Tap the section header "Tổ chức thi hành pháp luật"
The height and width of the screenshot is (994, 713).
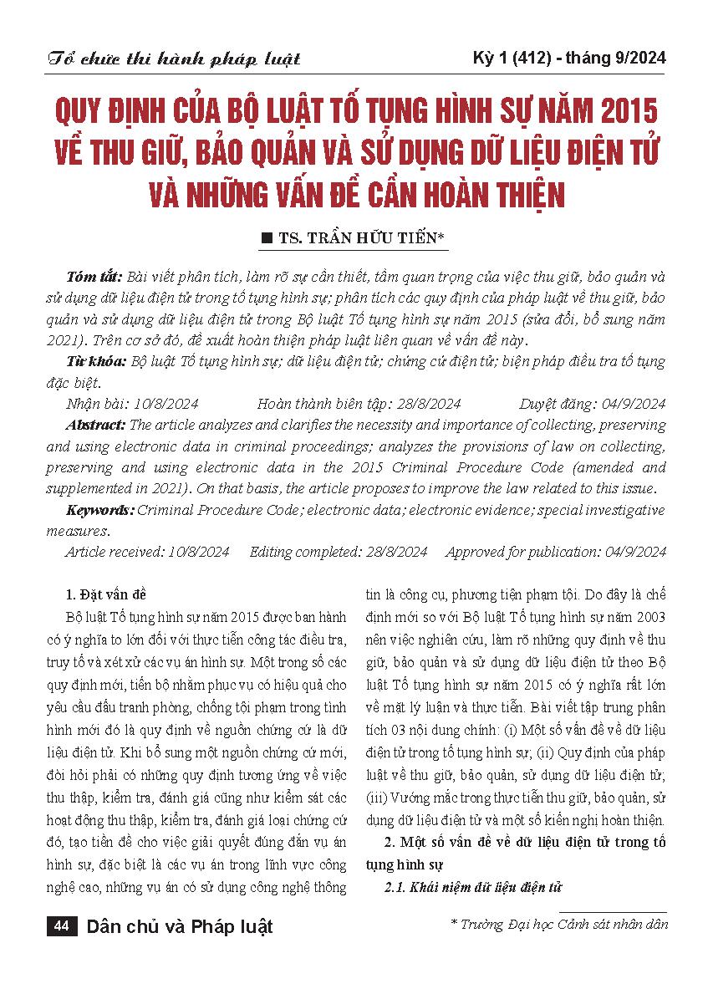click(174, 59)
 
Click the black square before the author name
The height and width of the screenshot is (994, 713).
click(267, 239)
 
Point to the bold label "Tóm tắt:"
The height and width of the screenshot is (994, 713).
click(92, 277)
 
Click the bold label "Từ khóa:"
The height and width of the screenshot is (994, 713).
click(94, 361)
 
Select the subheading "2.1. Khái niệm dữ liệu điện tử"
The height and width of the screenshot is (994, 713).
click(472, 886)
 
